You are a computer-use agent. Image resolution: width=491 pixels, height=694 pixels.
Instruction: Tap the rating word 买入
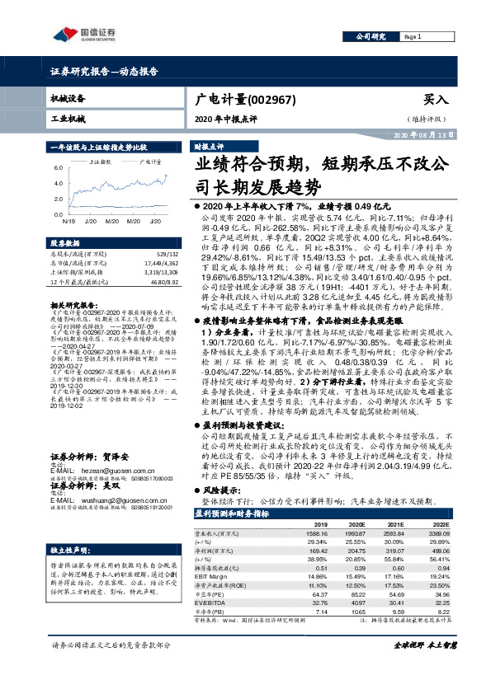pyautogui.click(x=436, y=99)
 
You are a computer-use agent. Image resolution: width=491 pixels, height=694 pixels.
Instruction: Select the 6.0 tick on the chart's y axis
pyautogui.click(x=59, y=167)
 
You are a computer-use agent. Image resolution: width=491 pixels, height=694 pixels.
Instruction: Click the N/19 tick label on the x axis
pyautogui.click(x=68, y=221)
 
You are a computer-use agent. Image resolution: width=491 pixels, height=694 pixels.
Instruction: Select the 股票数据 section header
pyautogui.click(x=67, y=244)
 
